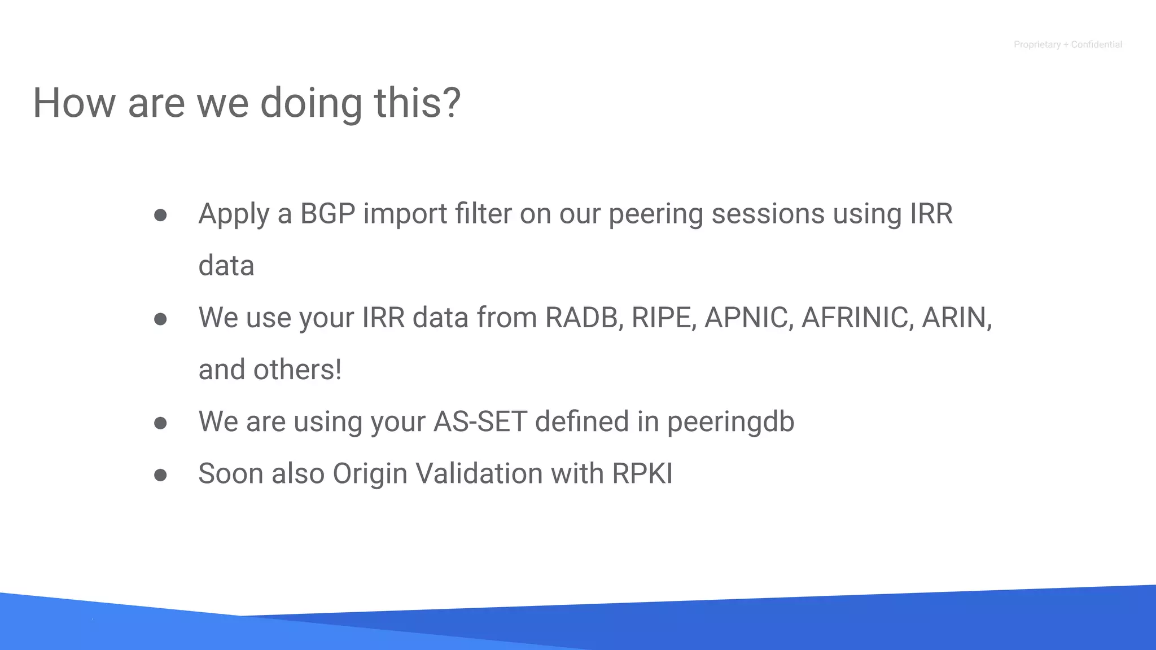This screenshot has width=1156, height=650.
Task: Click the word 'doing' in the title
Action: pos(310,103)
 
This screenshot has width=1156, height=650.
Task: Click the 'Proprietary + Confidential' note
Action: pos(1067,45)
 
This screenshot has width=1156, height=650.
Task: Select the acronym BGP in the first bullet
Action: pos(327,214)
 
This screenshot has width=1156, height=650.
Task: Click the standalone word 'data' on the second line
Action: pos(226,266)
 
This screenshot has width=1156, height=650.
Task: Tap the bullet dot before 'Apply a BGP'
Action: pos(160,215)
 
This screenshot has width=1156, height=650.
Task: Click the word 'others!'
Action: pos(297,370)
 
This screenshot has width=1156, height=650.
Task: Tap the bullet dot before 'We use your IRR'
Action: pos(160,319)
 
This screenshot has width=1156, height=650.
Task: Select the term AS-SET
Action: pos(480,421)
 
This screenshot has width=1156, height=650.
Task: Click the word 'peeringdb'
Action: pos(730,422)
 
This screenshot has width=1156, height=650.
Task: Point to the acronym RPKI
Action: pos(642,473)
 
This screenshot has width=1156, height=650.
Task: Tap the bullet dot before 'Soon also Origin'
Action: pos(160,475)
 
